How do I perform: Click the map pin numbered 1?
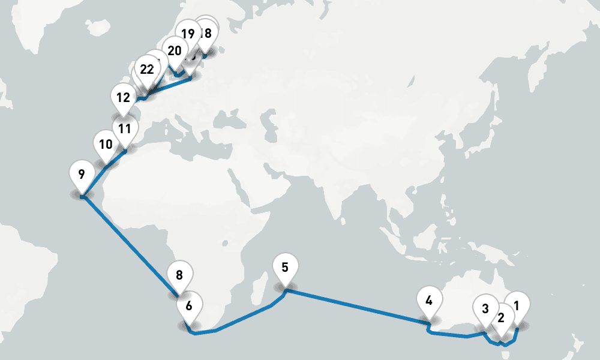click(x=517, y=304)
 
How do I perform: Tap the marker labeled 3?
click(x=485, y=309)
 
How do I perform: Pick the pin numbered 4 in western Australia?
click(x=428, y=300)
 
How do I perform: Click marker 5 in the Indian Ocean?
click(x=285, y=267)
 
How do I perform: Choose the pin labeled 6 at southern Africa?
click(x=189, y=305)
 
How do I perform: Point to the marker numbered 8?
click(x=179, y=275)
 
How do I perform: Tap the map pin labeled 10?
click(x=106, y=145)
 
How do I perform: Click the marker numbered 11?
click(x=125, y=128)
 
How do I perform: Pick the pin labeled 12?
click(x=123, y=97)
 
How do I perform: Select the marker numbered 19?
click(x=188, y=34)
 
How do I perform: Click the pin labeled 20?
click(x=175, y=51)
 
